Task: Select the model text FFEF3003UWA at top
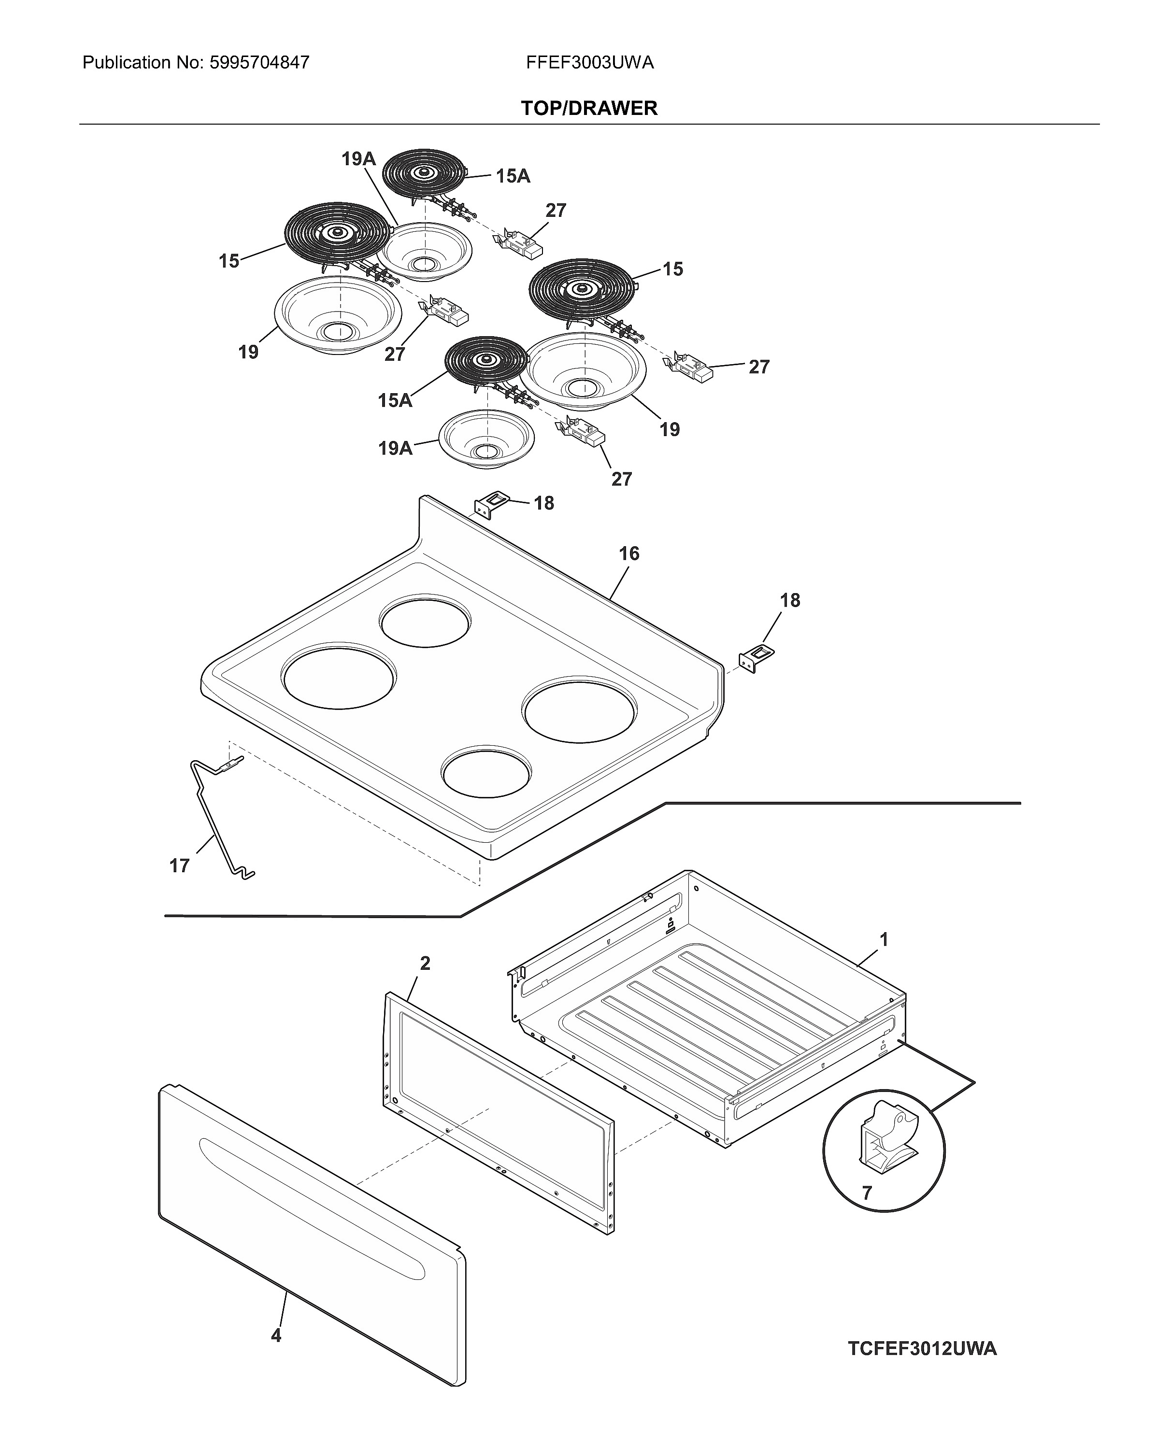point(589,63)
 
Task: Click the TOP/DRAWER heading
point(589,108)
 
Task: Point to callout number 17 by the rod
point(179,865)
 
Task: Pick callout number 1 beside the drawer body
point(884,939)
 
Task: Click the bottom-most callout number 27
point(621,479)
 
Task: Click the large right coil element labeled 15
point(581,290)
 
